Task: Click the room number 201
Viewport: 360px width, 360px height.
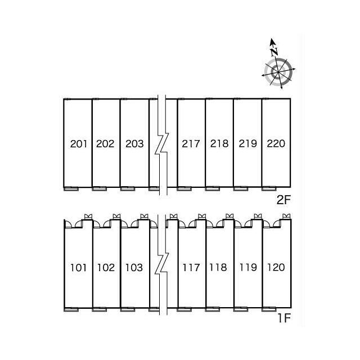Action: [79, 143]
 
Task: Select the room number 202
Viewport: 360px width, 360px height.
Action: [105, 143]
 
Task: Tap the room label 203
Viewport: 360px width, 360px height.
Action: [134, 143]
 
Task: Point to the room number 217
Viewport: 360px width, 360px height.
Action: [191, 143]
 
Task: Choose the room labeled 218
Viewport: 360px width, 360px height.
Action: [219, 143]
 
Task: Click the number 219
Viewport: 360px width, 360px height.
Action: [247, 143]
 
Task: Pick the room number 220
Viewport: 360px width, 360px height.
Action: [276, 143]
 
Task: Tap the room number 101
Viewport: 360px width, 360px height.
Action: [79, 267]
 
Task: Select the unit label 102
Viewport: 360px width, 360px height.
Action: [105, 267]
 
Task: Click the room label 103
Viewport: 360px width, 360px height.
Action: [134, 267]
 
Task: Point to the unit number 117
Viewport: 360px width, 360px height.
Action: [191, 267]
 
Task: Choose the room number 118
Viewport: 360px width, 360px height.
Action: [219, 267]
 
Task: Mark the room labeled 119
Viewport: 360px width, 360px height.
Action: [247, 267]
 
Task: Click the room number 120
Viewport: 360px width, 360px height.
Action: [276, 267]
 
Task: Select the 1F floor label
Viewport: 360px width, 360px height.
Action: [283, 319]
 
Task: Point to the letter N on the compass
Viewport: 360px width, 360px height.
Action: [274, 52]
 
